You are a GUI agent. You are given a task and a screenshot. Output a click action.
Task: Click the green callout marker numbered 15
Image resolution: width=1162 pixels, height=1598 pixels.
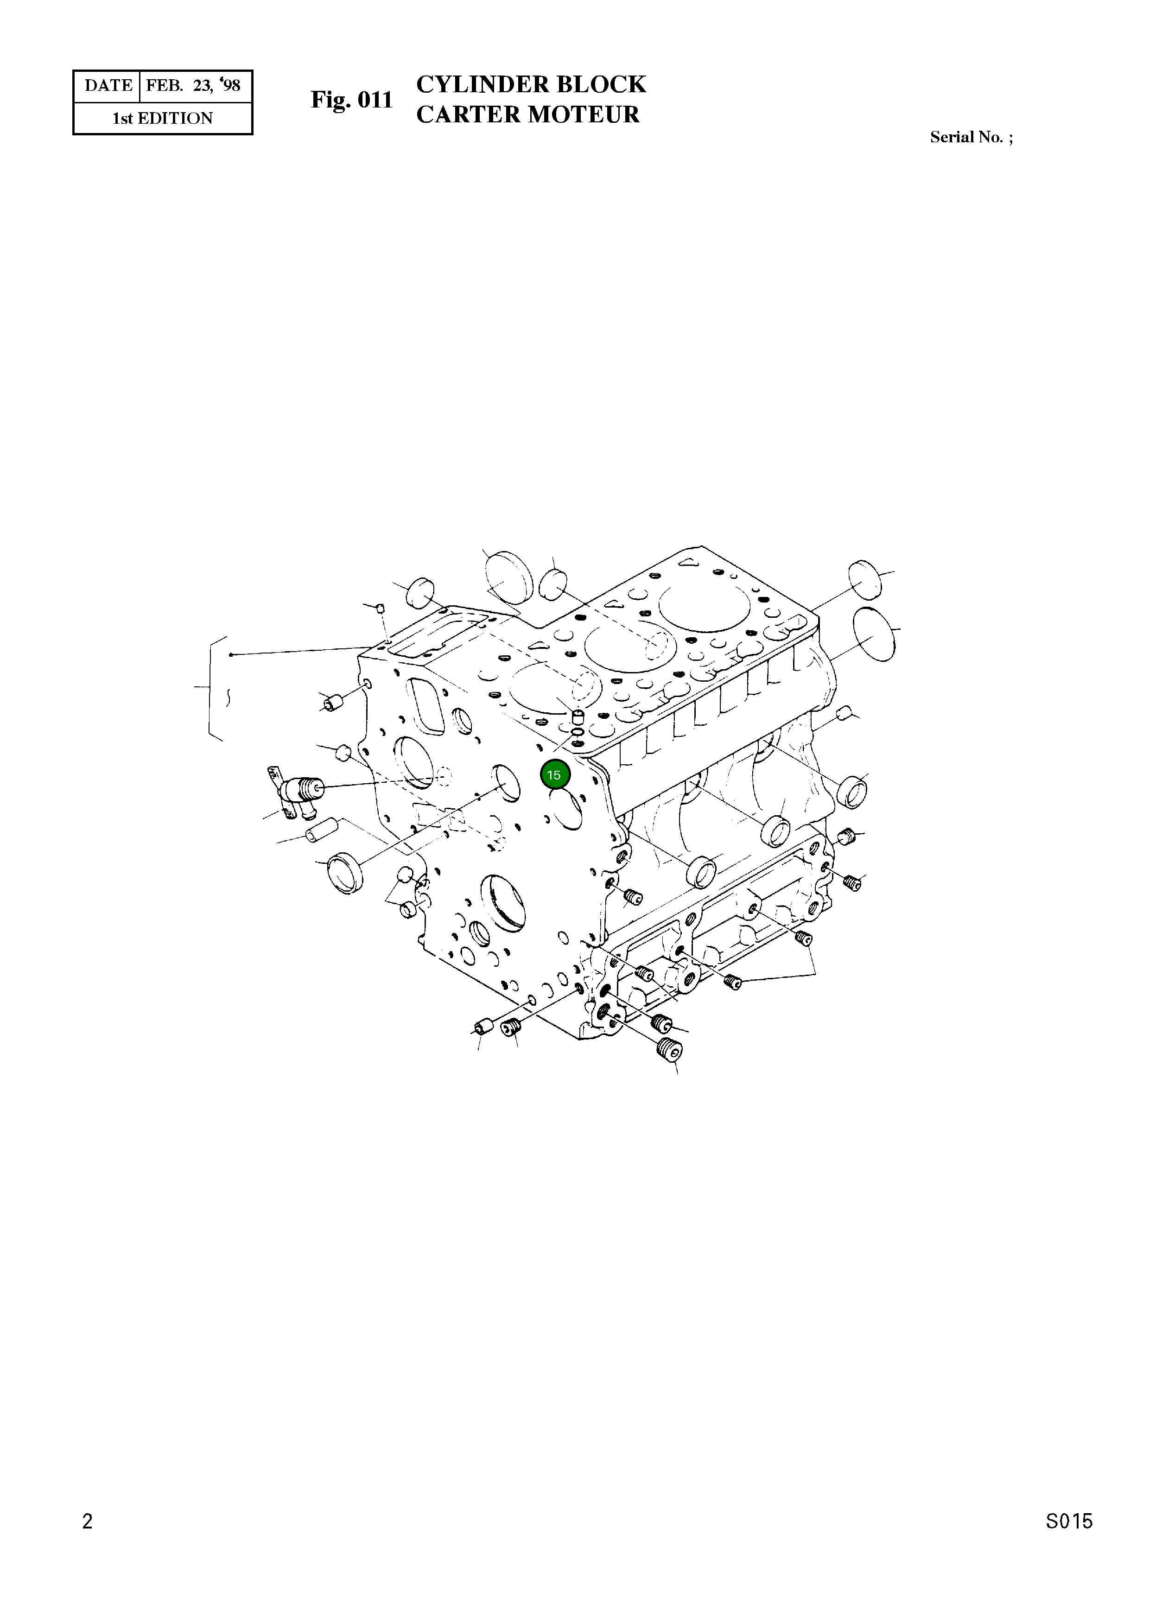[x=554, y=775]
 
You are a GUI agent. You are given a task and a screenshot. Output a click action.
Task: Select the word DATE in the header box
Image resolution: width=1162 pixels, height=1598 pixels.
[x=108, y=86]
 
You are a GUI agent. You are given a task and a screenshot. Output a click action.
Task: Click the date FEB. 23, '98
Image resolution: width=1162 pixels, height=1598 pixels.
[x=193, y=86]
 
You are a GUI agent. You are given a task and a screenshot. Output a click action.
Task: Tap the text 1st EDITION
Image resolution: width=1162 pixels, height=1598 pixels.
[x=163, y=118]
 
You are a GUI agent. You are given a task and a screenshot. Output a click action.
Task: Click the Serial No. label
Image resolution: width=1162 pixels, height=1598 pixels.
[x=971, y=137]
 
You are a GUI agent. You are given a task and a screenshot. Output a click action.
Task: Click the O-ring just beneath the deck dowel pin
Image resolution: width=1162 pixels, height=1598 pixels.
[x=577, y=733]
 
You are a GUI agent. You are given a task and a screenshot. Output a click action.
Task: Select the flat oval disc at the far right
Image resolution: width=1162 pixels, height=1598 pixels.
[x=873, y=634]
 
